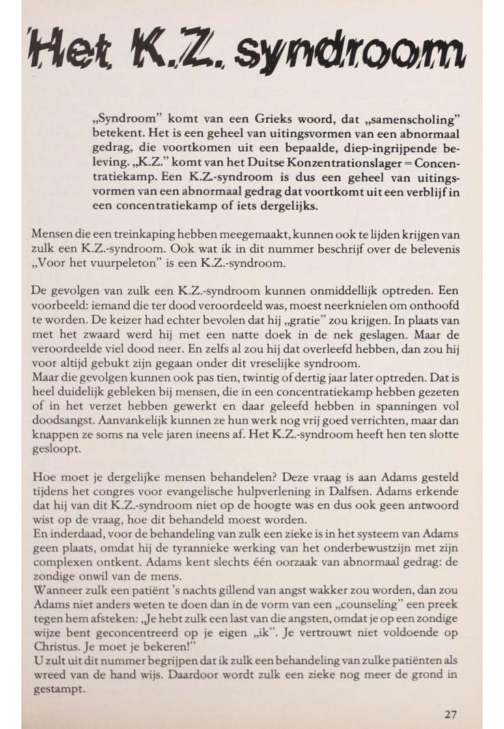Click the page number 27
(x=451, y=715)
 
